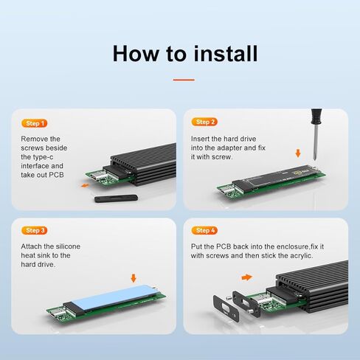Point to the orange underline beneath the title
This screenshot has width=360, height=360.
click(x=183, y=80)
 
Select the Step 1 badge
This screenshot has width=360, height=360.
click(x=34, y=123)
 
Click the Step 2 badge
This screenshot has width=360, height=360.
click(x=204, y=122)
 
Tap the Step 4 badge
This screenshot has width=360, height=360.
click(x=204, y=231)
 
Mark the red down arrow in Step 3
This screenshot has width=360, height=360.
click(x=133, y=278)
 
